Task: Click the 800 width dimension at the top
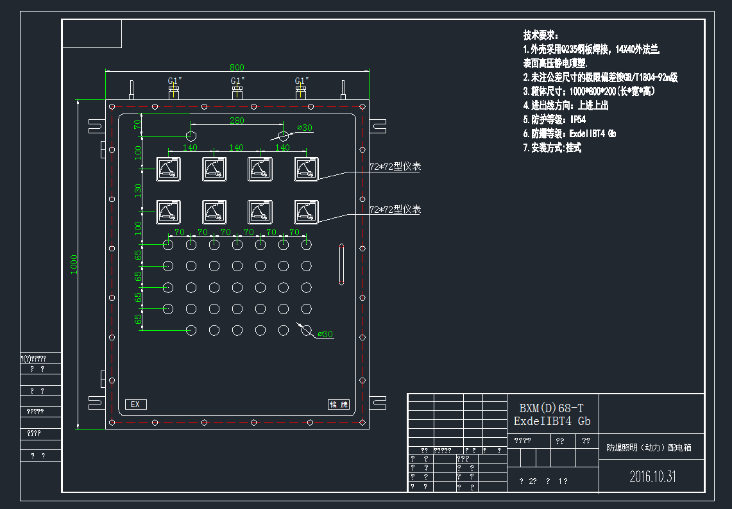(237, 67)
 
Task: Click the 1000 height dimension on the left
(73, 263)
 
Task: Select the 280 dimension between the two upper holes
(237, 121)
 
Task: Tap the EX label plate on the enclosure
(135, 405)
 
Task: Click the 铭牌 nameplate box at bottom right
(338, 405)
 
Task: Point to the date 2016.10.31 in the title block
(652, 476)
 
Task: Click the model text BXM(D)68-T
(552, 408)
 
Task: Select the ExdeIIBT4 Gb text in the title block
(552, 421)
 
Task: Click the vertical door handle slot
(341, 263)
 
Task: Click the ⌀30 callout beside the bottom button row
(325, 334)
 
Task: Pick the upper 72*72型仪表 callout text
(395, 167)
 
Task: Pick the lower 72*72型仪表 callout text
(395, 210)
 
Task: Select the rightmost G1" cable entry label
(302, 81)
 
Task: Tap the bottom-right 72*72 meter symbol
(306, 212)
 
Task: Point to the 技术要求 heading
(541, 35)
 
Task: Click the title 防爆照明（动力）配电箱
(649, 448)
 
